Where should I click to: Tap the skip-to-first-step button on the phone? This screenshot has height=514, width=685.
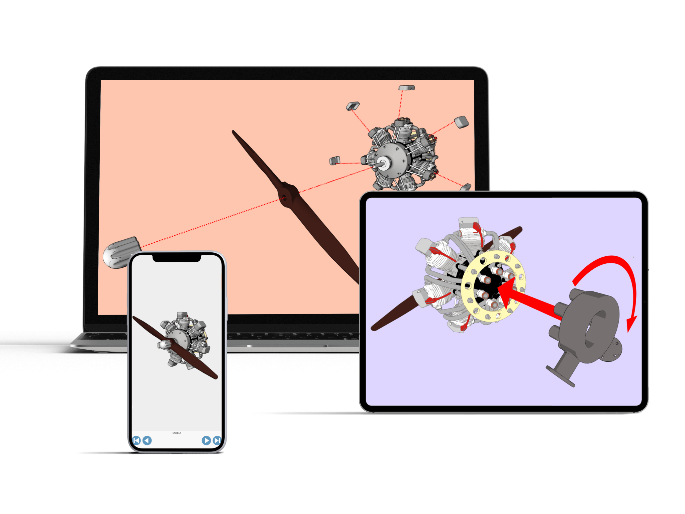coord(136,440)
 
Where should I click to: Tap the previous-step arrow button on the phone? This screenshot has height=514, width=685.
coord(147,440)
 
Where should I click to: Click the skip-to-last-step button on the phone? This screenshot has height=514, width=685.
coord(217,440)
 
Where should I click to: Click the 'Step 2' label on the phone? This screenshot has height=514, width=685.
coord(177,433)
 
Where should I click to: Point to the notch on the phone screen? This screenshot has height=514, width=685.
coord(177,258)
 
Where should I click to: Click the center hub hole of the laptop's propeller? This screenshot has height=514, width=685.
coord(285,198)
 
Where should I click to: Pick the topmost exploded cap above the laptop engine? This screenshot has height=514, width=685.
coord(407,88)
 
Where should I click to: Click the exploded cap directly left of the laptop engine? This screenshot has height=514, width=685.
coord(335,161)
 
